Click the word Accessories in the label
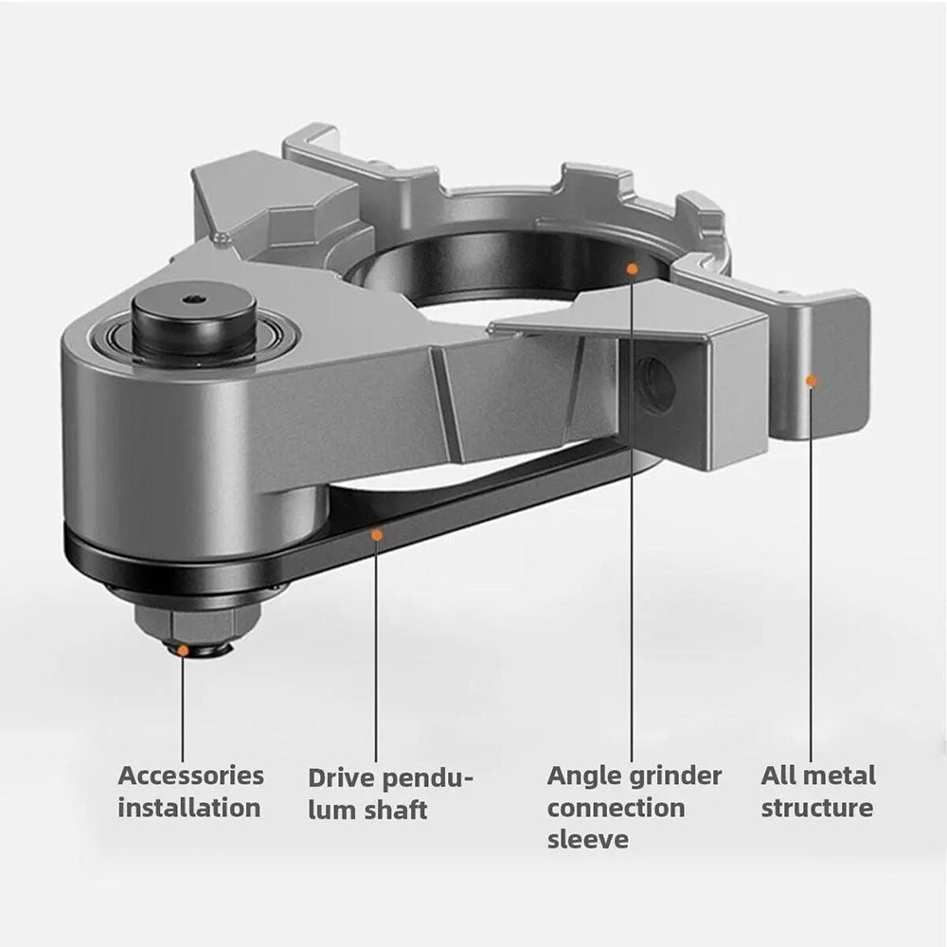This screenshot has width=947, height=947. [190, 776]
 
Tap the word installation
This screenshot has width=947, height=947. [188, 808]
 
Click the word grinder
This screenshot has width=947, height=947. [675, 777]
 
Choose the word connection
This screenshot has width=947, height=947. [616, 808]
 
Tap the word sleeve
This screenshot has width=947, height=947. [587, 839]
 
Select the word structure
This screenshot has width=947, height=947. [817, 808]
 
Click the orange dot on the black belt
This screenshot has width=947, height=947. [376, 535]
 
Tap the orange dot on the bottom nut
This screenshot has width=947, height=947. [183, 651]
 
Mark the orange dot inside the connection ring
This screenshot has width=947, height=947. [633, 269]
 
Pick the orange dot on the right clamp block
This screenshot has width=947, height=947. [811, 381]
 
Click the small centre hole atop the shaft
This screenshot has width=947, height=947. [193, 299]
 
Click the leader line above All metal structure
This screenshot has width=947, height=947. [811, 568]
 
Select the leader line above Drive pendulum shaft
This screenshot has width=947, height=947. [376, 653]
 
